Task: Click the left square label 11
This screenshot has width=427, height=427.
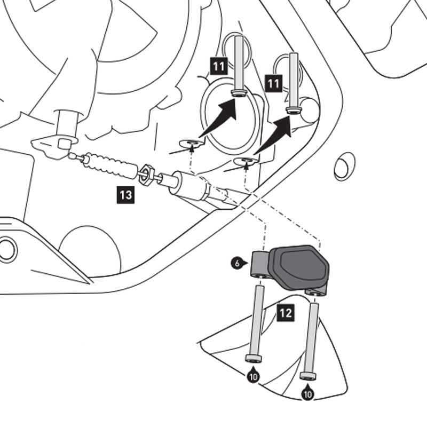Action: coord(219,67)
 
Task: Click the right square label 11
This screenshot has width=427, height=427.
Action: coord(274,83)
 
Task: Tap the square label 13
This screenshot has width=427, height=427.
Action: coord(125,195)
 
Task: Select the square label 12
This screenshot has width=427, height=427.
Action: coord(286,313)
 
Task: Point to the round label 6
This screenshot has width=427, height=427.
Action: coord(235,263)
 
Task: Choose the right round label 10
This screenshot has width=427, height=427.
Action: coord(308,394)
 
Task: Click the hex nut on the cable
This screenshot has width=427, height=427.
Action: coord(147,175)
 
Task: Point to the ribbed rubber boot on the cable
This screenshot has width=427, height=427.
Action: coord(109,165)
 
